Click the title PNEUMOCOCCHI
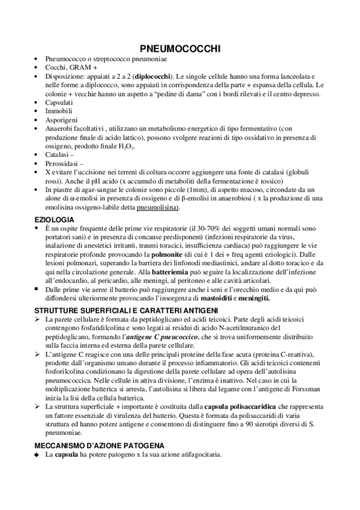point(180,48)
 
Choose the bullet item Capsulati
point(58,103)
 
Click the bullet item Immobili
point(58,111)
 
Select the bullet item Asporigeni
point(59,120)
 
